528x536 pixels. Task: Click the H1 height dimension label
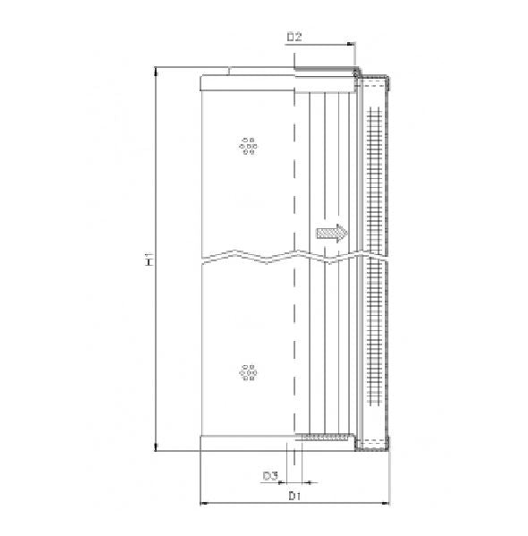pyautogui.click(x=147, y=260)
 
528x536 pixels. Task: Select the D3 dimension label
pyautogui.click(x=268, y=473)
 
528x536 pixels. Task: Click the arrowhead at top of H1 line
pyautogui.click(x=156, y=70)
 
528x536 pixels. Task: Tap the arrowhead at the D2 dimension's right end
pyautogui.click(x=352, y=44)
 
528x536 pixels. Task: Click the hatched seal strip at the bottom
pyautogui.click(x=326, y=438)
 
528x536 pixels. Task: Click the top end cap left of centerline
pyautogui.click(x=247, y=82)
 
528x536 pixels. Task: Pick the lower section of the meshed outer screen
pyautogui.click(x=375, y=340)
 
